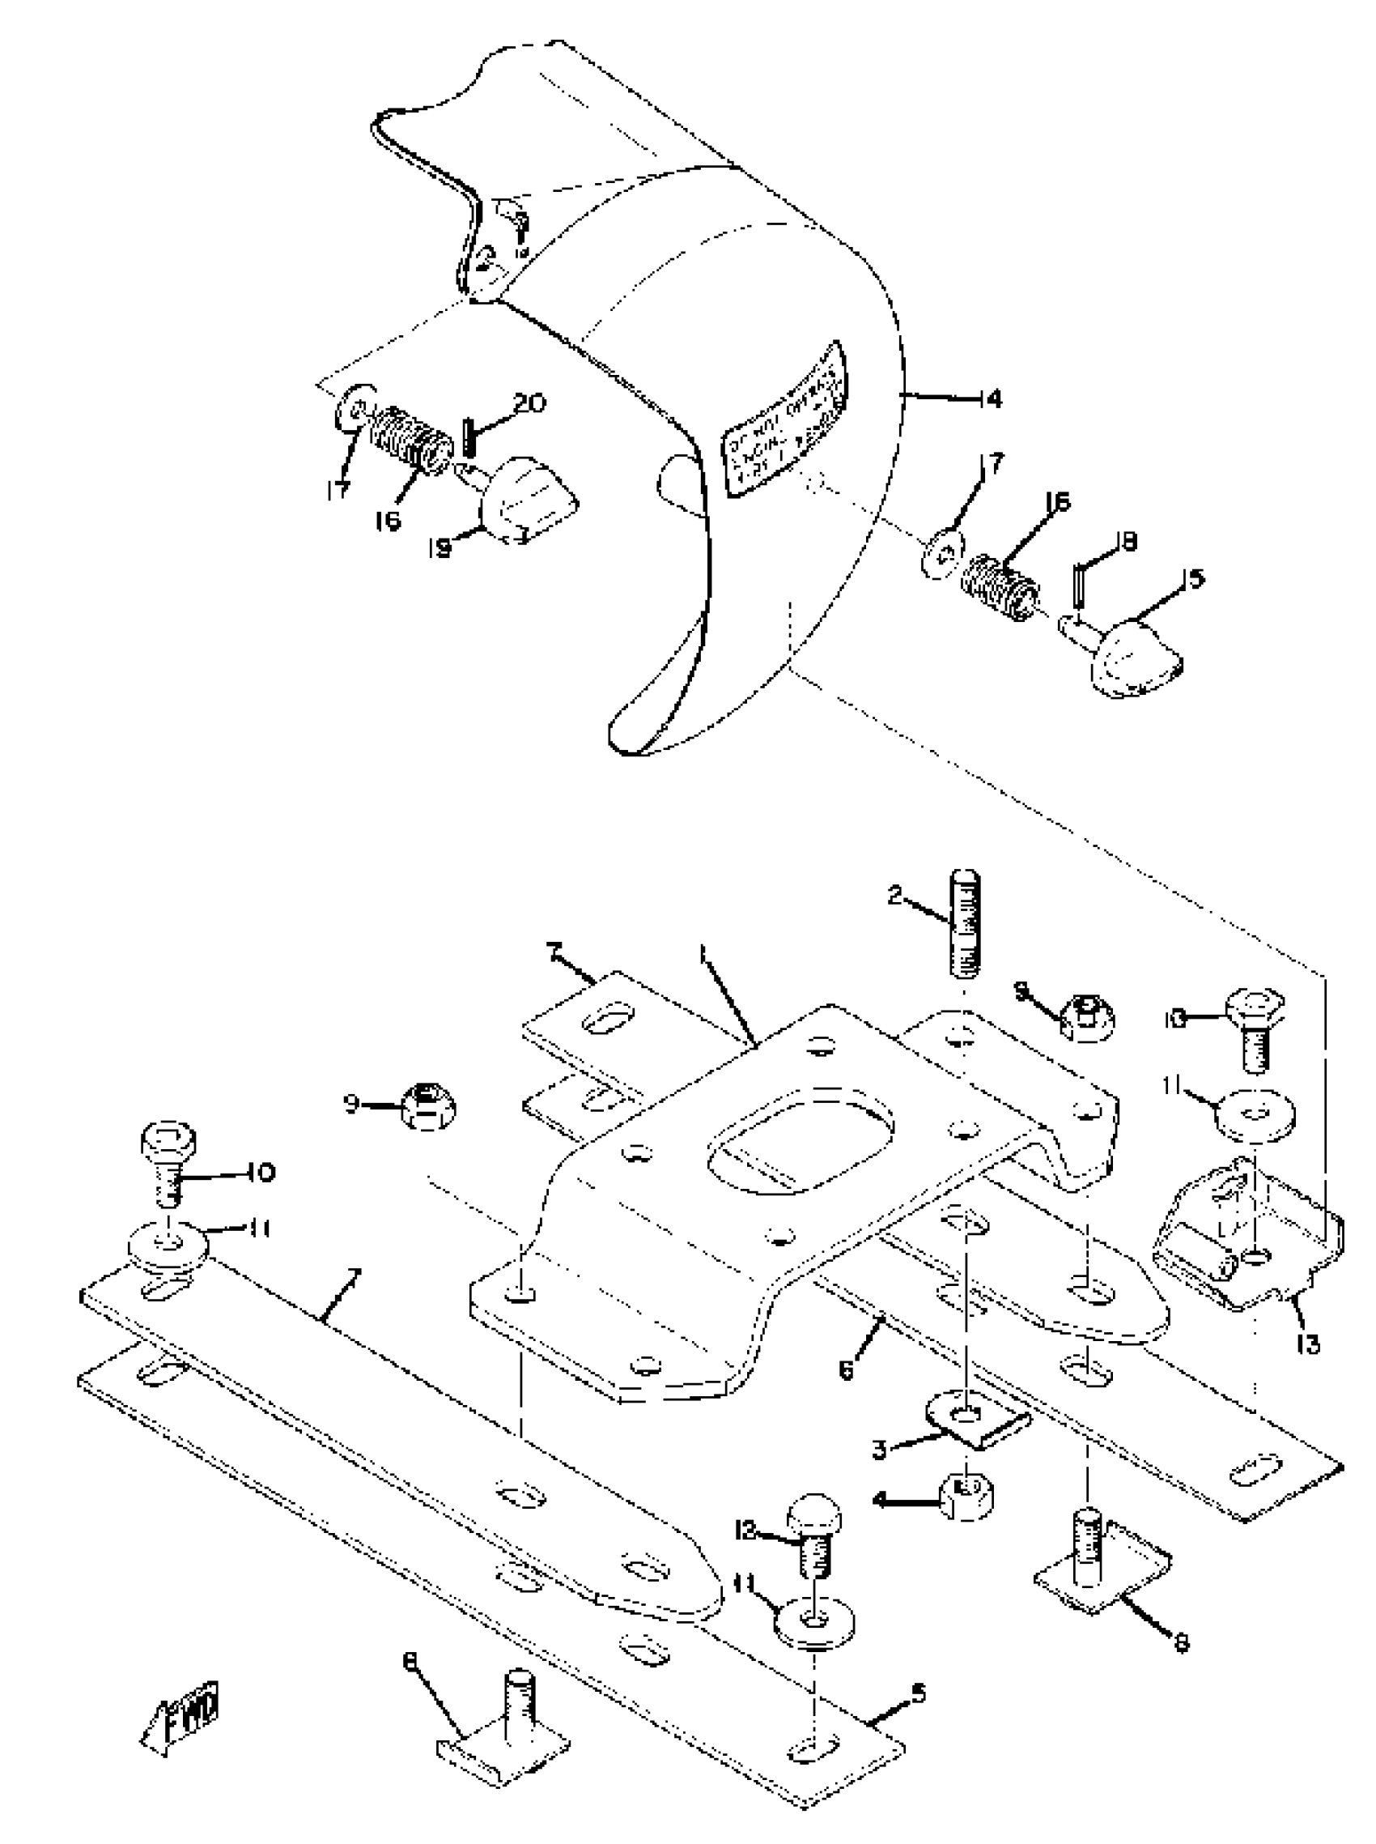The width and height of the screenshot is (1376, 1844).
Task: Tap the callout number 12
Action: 746,1530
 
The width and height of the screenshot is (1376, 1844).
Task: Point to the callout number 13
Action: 1309,1344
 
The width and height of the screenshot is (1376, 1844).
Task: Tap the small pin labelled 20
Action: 468,437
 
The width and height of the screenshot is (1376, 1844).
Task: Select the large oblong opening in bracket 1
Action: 801,1135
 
